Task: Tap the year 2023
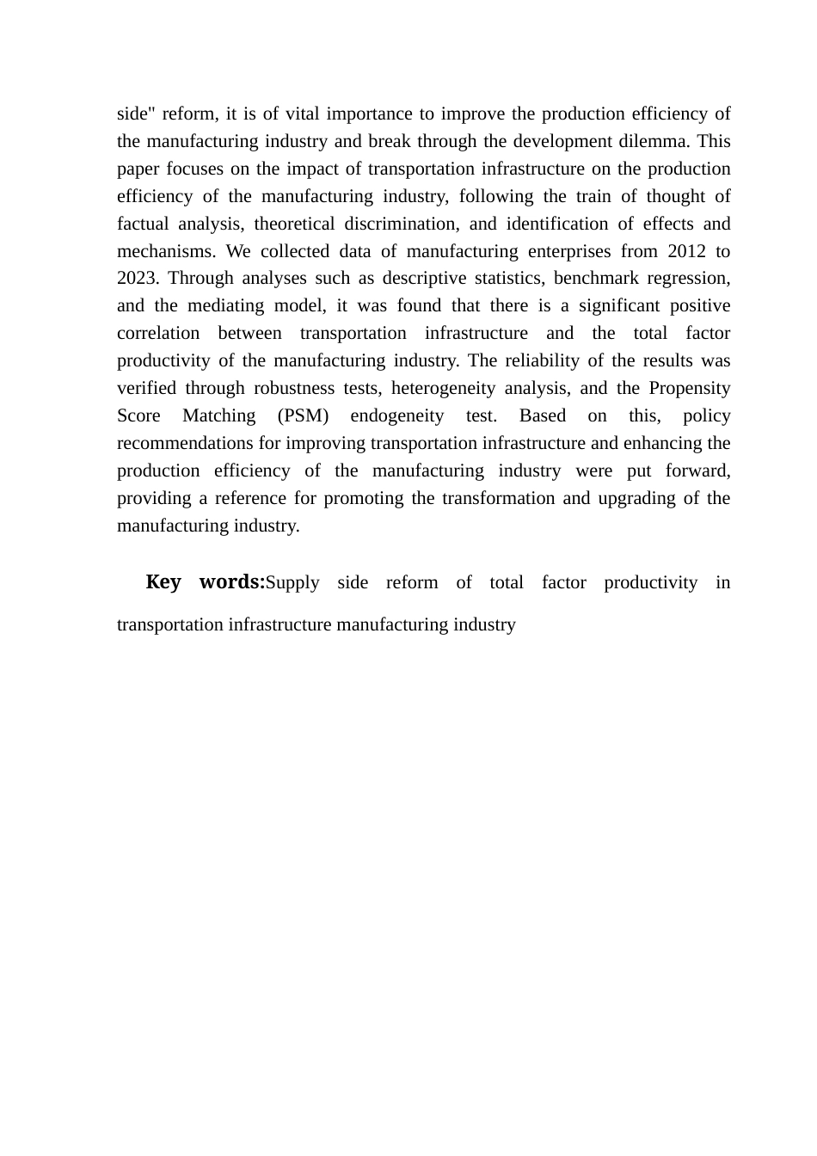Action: click(137, 279)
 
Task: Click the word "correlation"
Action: click(158, 334)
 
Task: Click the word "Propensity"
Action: click(689, 389)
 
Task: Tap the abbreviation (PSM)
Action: click(304, 416)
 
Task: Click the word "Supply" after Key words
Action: click(292, 583)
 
